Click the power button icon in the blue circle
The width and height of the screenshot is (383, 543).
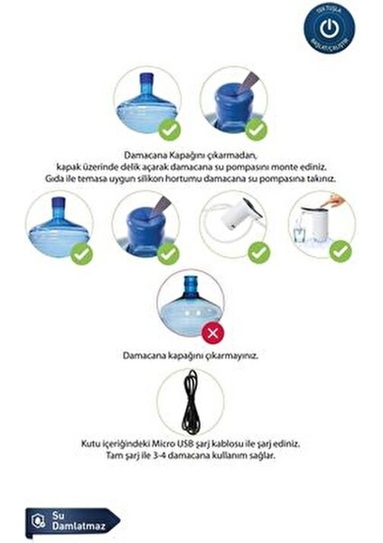(x=329, y=26)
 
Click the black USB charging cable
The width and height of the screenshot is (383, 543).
(x=190, y=402)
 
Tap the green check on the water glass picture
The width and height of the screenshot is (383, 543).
(x=339, y=251)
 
